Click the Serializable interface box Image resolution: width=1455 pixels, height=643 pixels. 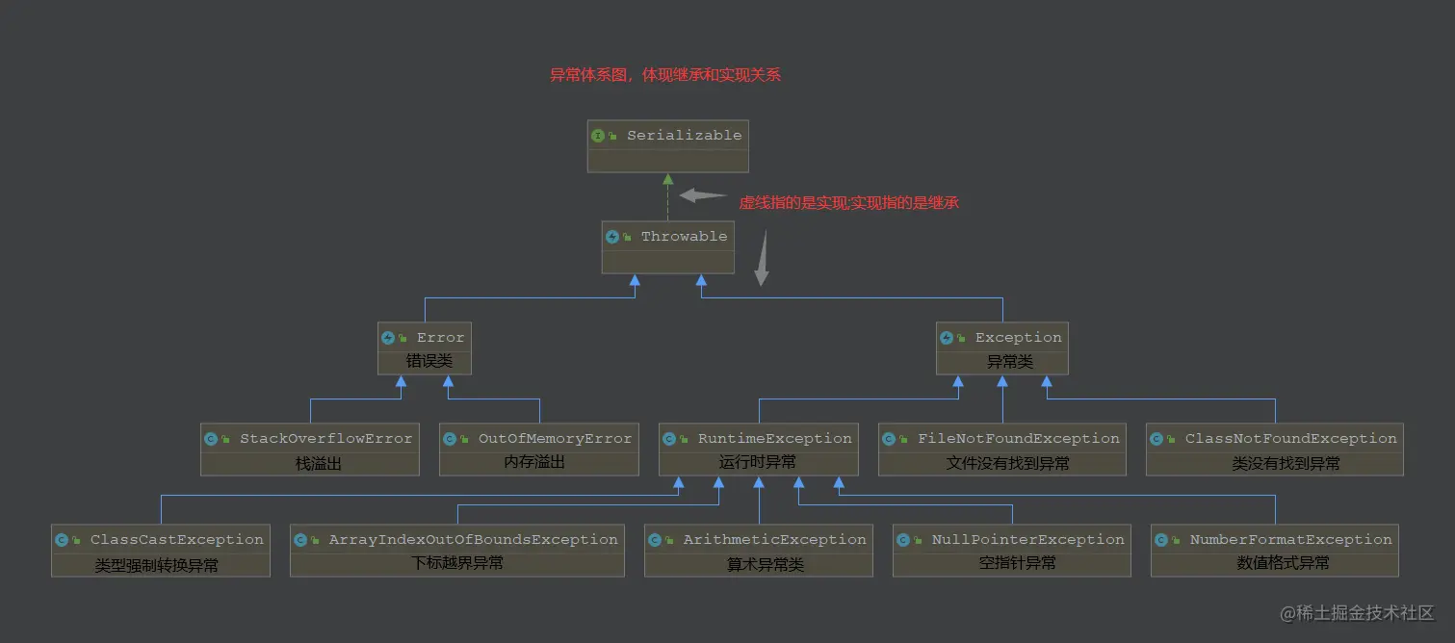[667, 146]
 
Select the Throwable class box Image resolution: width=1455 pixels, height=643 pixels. [667, 247]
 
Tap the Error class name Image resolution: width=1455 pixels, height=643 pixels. [440, 338]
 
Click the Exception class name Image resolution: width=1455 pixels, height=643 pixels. [1018, 338]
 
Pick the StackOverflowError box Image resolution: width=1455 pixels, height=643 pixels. [309, 450]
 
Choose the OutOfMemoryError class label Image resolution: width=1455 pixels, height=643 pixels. [555, 439]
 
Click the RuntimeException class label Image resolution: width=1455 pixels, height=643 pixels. [774, 439]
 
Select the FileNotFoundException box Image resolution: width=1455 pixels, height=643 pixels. [1001, 450]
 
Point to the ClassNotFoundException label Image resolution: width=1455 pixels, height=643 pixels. [1290, 439]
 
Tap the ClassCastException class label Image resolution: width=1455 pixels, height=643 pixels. [176, 540]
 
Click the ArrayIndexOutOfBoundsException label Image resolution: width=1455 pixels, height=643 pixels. [473, 540]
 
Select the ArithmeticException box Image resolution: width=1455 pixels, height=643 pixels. [758, 551]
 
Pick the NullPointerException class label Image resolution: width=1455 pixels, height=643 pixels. [1027, 540]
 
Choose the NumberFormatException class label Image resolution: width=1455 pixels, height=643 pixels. [1290, 540]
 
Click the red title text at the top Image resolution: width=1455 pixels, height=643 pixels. [664, 75]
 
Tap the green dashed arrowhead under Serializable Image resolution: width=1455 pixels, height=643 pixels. [667, 179]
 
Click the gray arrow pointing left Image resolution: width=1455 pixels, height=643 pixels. [702, 195]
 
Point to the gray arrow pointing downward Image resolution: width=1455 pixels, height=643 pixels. [762, 260]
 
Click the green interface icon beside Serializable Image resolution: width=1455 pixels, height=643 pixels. [598, 136]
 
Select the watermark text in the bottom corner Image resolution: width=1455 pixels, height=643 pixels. [1357, 613]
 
